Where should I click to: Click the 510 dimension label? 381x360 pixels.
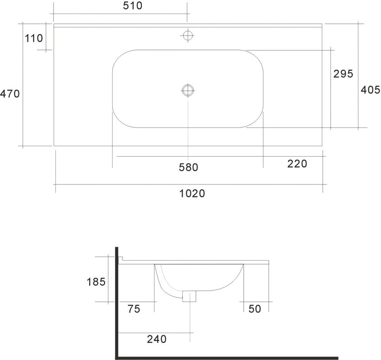tap(132, 5)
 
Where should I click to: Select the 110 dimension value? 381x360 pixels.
tap(34, 38)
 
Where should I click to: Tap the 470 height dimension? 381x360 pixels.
tap(10, 94)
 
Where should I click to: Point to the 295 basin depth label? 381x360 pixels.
tap(343, 73)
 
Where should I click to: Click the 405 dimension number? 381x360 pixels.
tap(371, 90)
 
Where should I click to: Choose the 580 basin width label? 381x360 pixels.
tap(189, 167)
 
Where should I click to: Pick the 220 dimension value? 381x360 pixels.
tap(297, 164)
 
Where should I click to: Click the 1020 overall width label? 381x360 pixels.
tap(192, 193)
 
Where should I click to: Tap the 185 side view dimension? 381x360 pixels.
tap(96, 282)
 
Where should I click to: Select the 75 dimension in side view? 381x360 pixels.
tap(134, 309)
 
